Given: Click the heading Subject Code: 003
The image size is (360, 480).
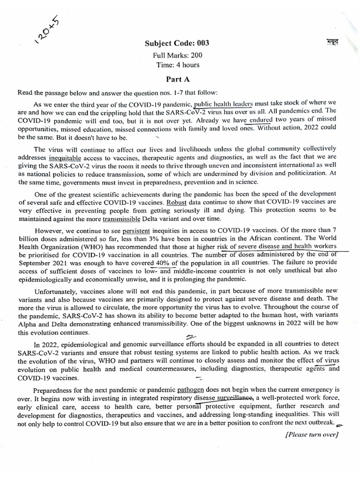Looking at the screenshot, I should point(177,44).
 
